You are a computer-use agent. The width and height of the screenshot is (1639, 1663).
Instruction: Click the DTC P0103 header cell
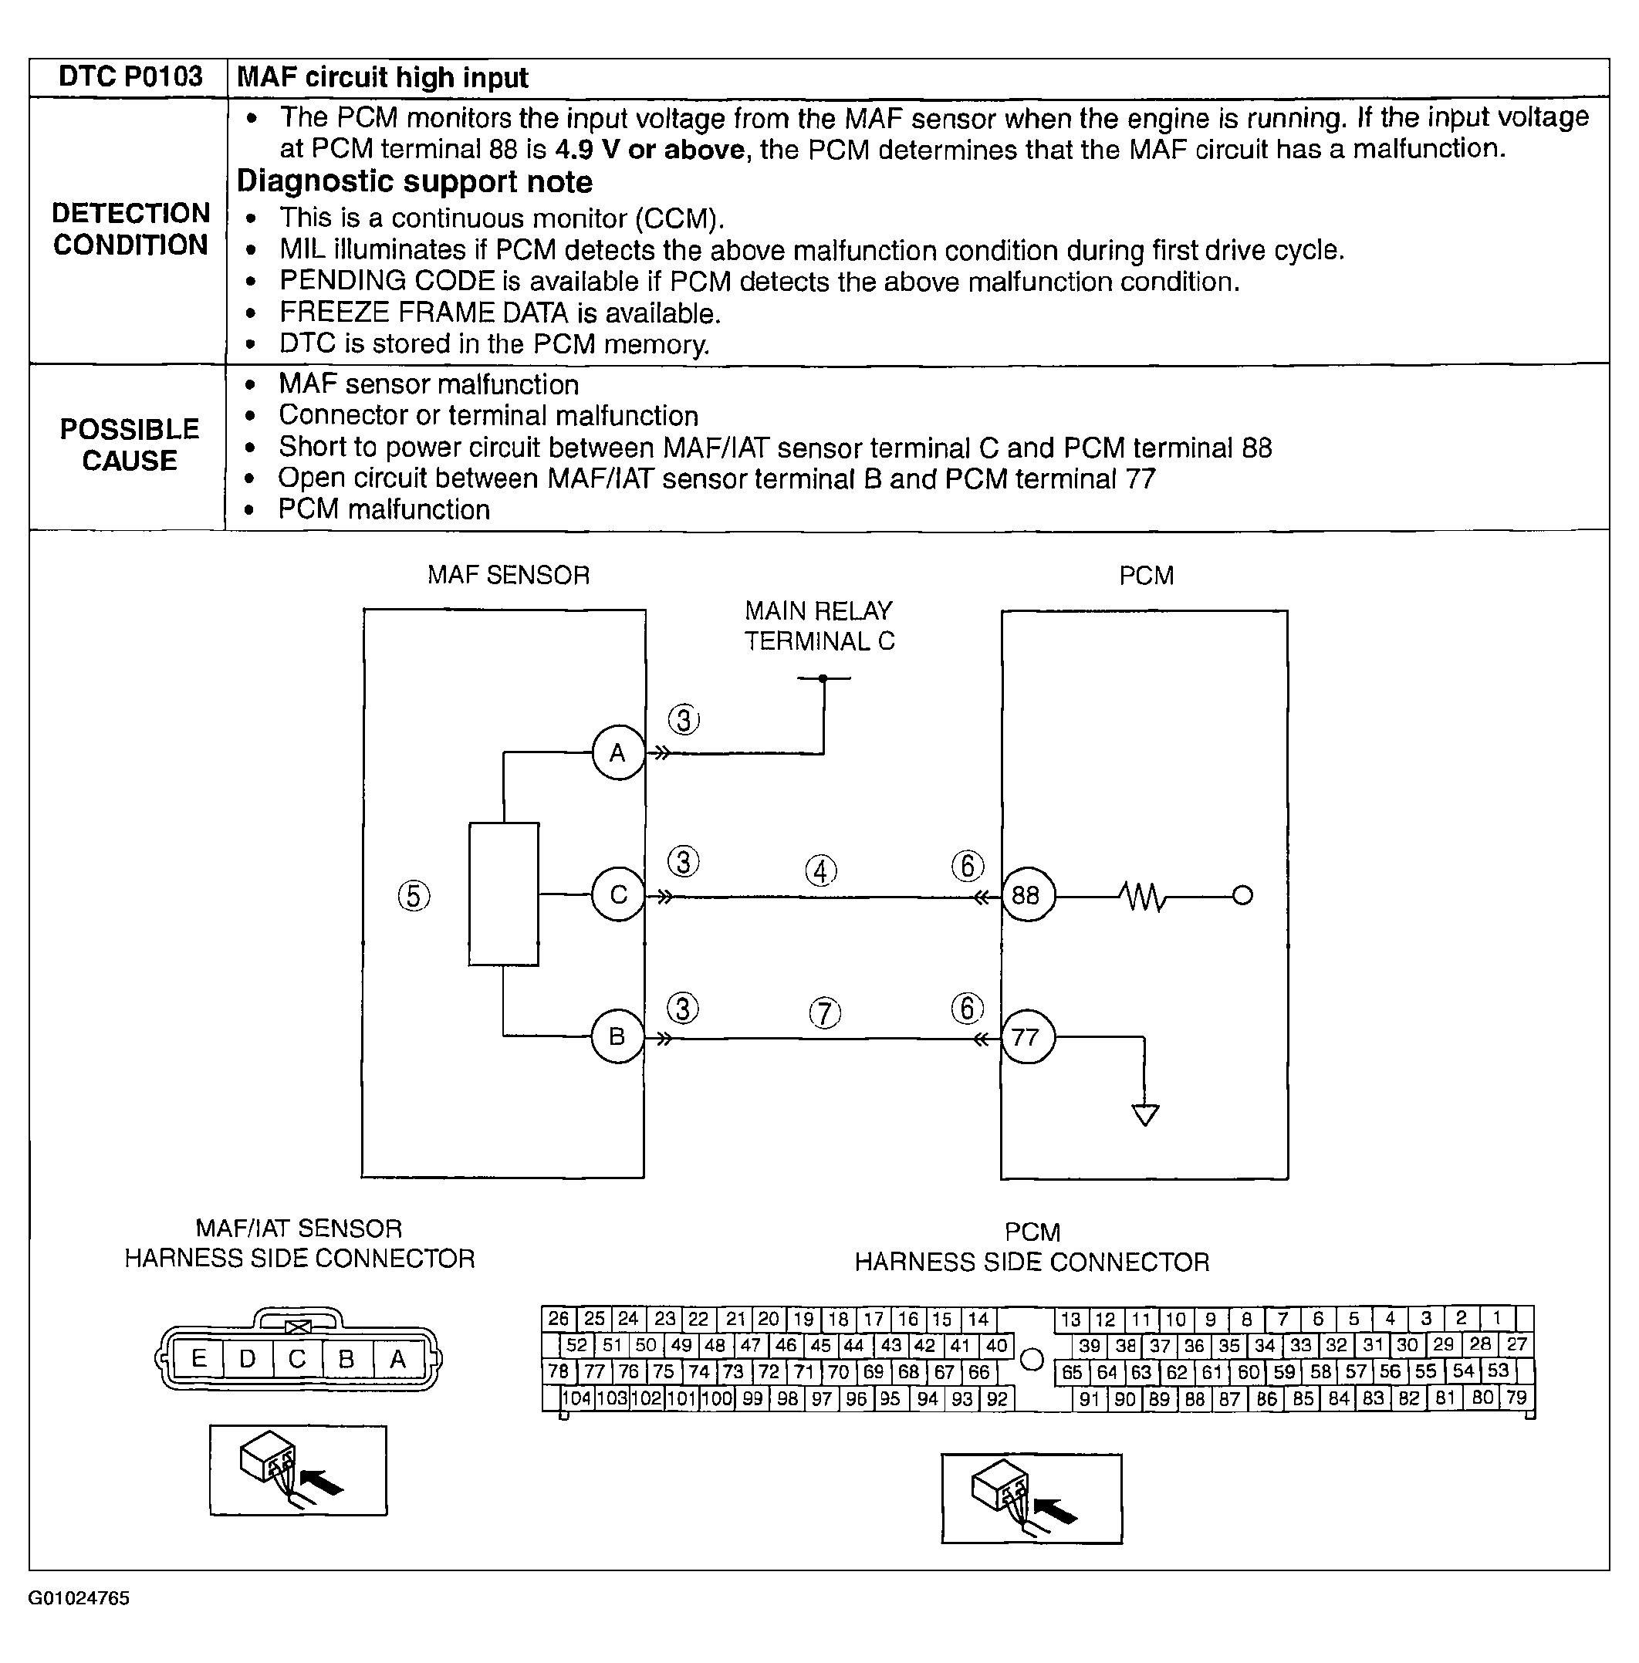tap(130, 77)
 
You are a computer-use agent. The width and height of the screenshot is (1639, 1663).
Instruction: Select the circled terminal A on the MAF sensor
tap(618, 753)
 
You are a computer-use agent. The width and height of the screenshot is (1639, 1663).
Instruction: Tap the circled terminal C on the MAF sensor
tap(618, 895)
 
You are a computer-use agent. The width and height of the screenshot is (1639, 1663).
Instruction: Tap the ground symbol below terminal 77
tap(1145, 1114)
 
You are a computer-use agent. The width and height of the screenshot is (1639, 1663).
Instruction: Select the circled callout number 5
tap(414, 896)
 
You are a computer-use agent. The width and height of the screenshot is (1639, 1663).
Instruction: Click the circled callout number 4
tap(821, 871)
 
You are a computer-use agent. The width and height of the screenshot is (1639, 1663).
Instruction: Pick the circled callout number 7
tap(825, 1012)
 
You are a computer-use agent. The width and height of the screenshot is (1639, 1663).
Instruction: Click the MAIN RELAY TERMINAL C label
tap(819, 626)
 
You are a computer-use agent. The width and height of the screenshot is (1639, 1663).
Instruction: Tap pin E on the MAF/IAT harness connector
tap(199, 1358)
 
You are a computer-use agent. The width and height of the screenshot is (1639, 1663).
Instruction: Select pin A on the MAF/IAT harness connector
tap(397, 1358)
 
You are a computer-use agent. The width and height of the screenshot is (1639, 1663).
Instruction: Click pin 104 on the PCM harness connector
tap(576, 1399)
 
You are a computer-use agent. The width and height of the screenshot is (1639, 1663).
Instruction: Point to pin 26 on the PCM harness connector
tap(559, 1319)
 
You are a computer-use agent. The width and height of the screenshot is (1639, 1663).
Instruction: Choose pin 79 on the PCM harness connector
tap(1517, 1397)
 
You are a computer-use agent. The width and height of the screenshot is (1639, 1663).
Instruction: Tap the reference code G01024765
tap(79, 1598)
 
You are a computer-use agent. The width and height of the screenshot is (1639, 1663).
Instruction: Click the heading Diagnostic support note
tap(414, 181)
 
